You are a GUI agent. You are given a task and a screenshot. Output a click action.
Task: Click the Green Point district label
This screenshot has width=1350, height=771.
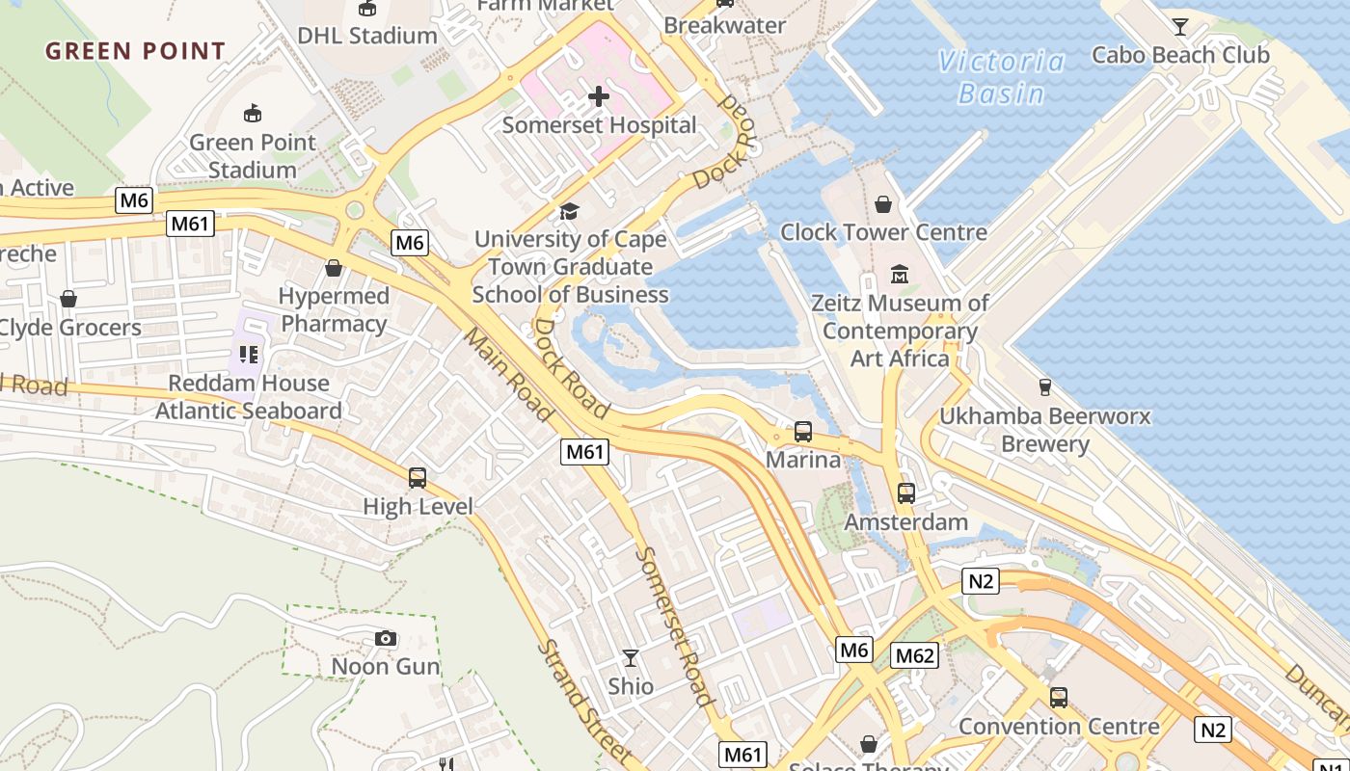[x=135, y=51]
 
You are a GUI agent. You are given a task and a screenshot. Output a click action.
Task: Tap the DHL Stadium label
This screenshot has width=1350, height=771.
[x=366, y=36]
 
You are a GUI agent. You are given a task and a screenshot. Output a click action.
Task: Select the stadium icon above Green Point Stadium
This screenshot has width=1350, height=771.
[x=252, y=114]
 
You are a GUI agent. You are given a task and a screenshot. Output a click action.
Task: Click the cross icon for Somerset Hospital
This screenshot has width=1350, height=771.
[x=599, y=95]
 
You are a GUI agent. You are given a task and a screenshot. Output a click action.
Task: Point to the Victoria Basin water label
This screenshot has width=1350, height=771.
[x=1002, y=77]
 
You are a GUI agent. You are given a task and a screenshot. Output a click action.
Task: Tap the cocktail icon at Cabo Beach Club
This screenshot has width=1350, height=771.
[x=1179, y=26]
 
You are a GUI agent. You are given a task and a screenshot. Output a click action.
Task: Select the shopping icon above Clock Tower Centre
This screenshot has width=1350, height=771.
[x=882, y=204]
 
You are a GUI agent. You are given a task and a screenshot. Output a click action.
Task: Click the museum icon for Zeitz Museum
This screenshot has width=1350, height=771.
[x=900, y=275]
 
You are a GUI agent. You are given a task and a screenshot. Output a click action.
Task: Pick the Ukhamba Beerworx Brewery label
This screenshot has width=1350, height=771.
[x=1045, y=430]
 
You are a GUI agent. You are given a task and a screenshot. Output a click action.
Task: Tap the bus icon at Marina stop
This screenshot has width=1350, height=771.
[x=803, y=432]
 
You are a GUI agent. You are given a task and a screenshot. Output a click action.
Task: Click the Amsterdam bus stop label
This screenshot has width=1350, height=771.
[x=905, y=522]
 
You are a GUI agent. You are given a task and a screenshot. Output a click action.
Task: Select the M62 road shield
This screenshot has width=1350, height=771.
[x=914, y=656]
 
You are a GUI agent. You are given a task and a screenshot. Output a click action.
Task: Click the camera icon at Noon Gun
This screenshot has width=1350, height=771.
[x=385, y=638]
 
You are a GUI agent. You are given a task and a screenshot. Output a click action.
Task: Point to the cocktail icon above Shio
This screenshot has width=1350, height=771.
[x=631, y=658]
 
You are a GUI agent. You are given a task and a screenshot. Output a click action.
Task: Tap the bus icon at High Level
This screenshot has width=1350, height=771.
[x=418, y=477]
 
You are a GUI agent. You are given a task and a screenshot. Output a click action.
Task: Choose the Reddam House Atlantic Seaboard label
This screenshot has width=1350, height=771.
[x=249, y=397]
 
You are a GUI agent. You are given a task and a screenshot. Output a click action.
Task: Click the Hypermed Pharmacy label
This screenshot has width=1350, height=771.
[x=334, y=309]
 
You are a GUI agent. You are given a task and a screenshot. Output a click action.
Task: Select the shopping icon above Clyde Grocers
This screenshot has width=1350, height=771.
[x=68, y=299]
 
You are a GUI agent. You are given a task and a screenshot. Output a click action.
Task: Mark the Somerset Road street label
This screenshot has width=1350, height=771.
[x=675, y=626]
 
